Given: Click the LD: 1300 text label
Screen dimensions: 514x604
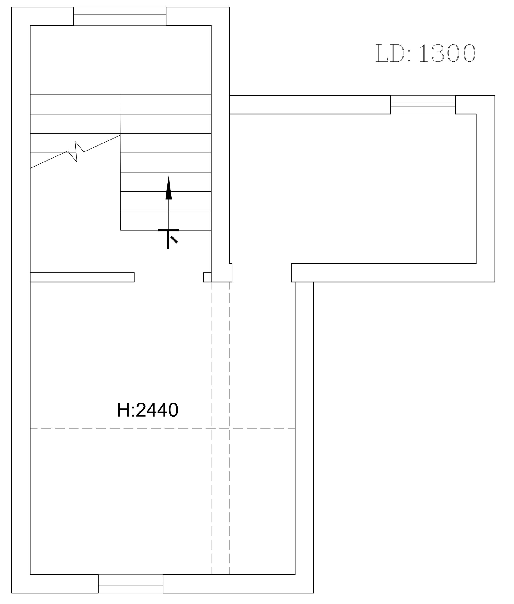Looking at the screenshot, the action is (425, 53).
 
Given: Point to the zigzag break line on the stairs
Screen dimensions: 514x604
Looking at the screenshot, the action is (75, 152).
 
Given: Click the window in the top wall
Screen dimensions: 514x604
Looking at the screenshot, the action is (120, 16).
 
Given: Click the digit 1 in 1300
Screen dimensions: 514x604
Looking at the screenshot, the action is (423, 53).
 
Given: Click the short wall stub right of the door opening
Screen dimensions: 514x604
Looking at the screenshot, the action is (207, 277).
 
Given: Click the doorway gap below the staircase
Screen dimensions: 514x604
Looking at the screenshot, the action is (169, 277).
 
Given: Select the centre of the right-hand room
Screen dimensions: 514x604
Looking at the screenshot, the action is (353, 189).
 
